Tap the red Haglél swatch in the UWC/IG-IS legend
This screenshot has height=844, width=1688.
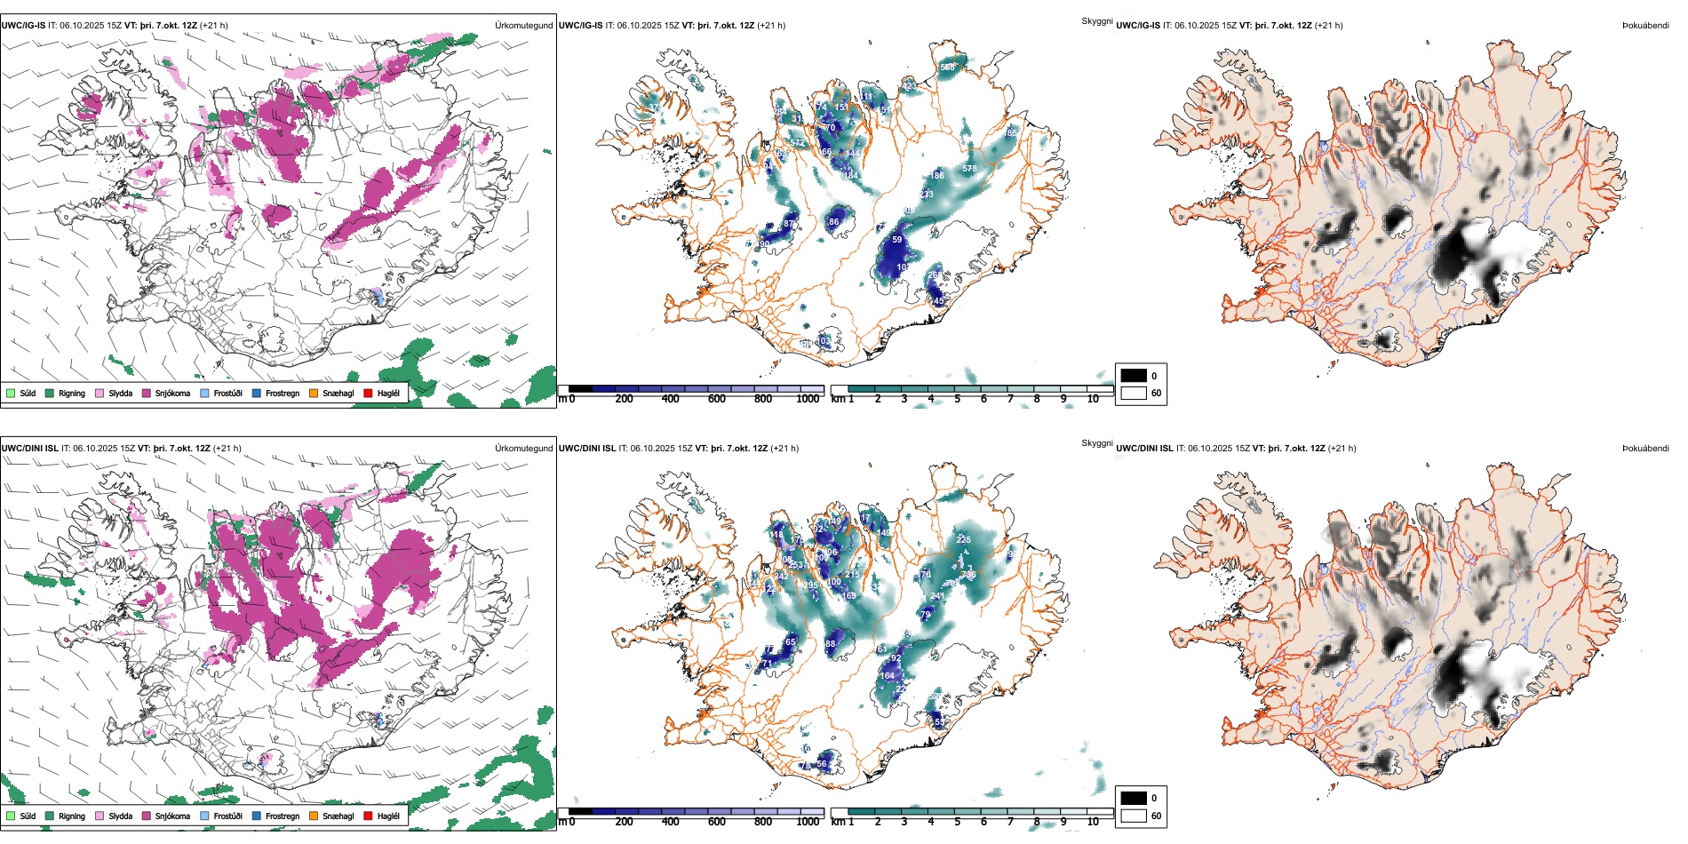click(368, 394)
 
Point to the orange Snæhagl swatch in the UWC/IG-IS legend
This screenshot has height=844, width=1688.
click(314, 394)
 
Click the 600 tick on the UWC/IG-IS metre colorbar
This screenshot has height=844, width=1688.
click(717, 399)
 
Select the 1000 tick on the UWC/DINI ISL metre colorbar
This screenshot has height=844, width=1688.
click(808, 822)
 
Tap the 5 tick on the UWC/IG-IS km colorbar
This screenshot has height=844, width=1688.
click(958, 399)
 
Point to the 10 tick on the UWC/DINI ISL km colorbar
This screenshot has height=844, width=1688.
click(1093, 822)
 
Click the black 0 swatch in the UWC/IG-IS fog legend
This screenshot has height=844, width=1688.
click(1134, 376)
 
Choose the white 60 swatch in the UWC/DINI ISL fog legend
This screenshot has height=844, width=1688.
click(1134, 816)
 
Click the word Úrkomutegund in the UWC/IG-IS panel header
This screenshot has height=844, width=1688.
click(523, 26)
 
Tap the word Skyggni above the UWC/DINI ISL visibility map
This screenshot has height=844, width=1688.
click(1096, 443)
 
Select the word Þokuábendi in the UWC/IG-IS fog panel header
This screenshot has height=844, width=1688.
click(1645, 26)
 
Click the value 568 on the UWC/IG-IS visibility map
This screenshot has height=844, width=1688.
click(947, 68)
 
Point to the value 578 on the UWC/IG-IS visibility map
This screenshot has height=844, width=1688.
click(969, 169)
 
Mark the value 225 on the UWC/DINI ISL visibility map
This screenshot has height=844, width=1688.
click(963, 540)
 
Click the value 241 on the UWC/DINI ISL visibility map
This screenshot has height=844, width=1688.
click(937, 597)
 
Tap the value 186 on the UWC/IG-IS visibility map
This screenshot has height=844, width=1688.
click(937, 176)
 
